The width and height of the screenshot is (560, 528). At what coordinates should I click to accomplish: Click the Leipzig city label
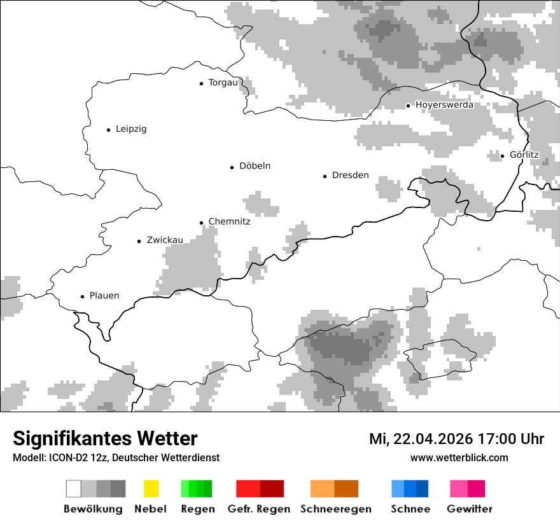(131, 129)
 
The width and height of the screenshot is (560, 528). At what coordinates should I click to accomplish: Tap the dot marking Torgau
(201, 83)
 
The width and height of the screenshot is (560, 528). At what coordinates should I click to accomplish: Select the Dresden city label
(350, 176)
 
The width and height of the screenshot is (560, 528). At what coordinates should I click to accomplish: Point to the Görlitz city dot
(502, 156)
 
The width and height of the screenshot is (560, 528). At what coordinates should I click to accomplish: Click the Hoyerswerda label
(444, 105)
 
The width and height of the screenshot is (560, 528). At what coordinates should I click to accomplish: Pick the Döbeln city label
(255, 166)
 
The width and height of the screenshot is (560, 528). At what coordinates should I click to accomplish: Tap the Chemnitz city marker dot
(201, 223)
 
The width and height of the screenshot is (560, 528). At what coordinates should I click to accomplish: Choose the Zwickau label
(165, 240)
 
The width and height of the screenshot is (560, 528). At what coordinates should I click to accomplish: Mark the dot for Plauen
(82, 296)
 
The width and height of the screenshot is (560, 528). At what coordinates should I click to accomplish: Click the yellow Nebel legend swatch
(151, 489)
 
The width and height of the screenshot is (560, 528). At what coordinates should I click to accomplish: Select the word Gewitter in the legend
(470, 509)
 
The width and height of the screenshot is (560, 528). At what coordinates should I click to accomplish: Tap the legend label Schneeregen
(336, 509)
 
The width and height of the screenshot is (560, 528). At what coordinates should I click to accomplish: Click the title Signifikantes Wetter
(105, 438)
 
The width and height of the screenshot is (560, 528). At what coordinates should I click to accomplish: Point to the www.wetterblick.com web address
(459, 457)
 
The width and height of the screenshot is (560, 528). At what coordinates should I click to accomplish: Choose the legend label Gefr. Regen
(258, 509)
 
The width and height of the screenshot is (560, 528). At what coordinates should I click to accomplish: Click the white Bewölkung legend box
(74, 489)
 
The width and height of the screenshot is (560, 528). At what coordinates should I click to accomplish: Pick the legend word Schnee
(410, 509)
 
